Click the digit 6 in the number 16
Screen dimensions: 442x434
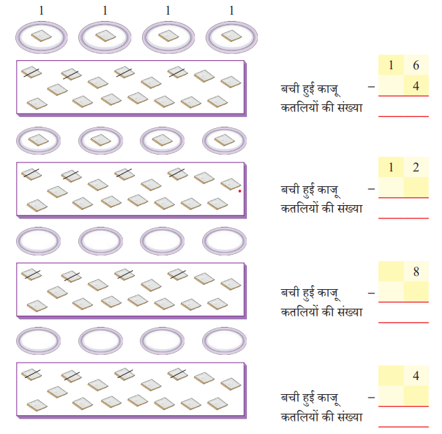point(416,65)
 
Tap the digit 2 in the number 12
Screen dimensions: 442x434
point(416,167)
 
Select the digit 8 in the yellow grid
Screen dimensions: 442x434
point(416,272)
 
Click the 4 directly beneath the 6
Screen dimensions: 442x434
point(416,86)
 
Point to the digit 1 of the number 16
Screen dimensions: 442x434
point(391,65)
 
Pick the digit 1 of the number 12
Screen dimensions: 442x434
point(391,167)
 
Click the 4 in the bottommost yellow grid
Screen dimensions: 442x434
point(416,376)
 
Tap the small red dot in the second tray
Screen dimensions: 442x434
point(240,191)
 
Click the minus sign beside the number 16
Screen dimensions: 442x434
point(371,87)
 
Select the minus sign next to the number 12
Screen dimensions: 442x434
point(371,189)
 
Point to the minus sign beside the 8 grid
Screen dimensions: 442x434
point(371,293)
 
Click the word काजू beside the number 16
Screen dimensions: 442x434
point(329,90)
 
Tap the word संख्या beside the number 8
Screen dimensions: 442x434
point(350,312)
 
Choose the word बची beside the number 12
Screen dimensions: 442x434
point(290,188)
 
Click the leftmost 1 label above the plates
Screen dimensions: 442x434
point(41,10)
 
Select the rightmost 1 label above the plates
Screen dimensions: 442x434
point(231,10)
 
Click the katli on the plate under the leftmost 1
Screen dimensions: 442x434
point(41,36)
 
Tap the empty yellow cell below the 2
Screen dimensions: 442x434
point(416,188)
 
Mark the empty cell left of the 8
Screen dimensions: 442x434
point(391,272)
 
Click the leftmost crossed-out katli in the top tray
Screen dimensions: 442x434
point(31,72)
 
